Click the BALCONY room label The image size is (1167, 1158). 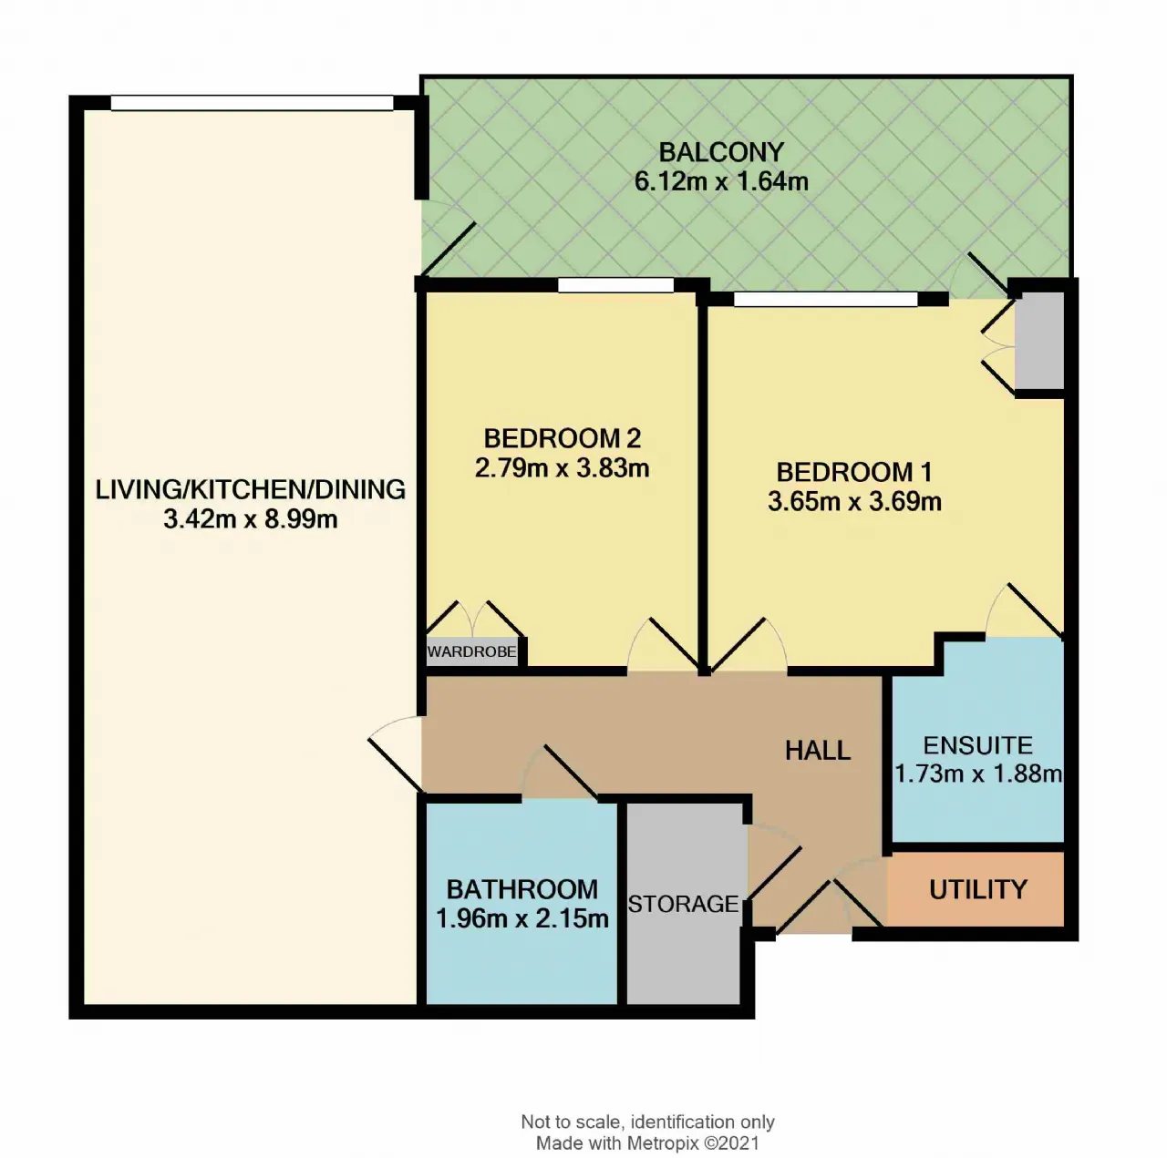click(720, 152)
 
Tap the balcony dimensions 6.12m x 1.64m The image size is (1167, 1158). click(720, 181)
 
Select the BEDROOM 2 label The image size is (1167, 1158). click(562, 438)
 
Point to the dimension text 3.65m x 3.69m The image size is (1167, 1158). click(854, 502)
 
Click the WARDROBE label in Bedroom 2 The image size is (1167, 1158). click(471, 651)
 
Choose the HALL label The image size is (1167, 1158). click(818, 751)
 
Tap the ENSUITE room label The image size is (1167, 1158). click(977, 745)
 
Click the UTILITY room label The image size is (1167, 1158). click(978, 889)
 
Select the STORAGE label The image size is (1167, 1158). click(683, 904)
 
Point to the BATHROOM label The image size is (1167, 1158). click(522, 889)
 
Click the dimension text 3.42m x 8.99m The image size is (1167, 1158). click(250, 518)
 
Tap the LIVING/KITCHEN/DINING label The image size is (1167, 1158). click(250, 490)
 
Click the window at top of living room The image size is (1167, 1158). click(252, 103)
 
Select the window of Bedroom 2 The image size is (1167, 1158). click(616, 285)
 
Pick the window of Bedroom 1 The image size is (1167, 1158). click(825, 299)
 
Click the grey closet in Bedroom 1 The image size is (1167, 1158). click(1039, 342)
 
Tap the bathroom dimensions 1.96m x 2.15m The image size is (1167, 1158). click(522, 919)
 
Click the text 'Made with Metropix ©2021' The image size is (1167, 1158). click(647, 1143)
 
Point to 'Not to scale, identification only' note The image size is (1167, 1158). click(647, 1122)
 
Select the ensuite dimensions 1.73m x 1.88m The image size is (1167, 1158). click(977, 774)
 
